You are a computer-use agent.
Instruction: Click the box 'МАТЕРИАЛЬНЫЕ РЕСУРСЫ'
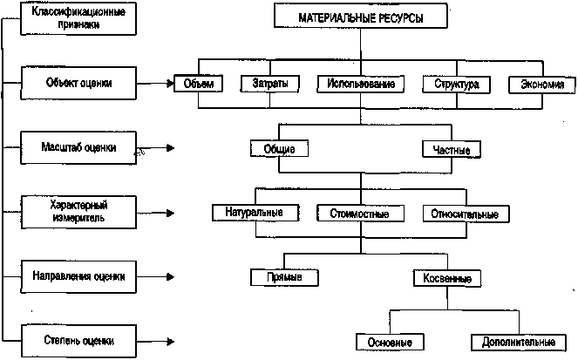(x=361, y=17)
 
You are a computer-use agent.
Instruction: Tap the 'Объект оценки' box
(x=79, y=84)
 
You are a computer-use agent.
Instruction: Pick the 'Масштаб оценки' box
(x=79, y=147)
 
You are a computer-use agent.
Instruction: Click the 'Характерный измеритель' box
(x=79, y=212)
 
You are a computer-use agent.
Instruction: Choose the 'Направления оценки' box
(x=79, y=276)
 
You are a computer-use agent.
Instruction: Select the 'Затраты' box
(x=263, y=85)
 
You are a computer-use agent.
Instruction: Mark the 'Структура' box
(x=451, y=85)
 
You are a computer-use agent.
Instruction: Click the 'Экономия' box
(x=541, y=85)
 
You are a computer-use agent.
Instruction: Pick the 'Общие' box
(x=279, y=148)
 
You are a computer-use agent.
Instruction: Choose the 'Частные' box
(x=451, y=150)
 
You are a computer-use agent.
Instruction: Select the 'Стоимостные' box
(x=359, y=213)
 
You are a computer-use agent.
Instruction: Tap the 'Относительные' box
(x=464, y=213)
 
